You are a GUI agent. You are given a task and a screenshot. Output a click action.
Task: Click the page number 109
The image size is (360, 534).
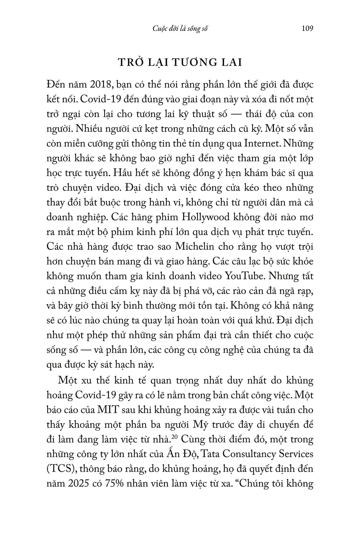[307, 29]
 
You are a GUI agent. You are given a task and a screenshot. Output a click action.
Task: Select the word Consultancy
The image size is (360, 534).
[250, 454]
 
